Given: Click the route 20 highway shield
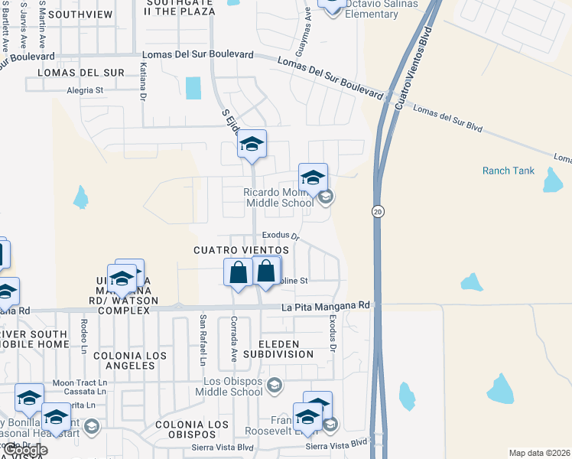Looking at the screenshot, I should [378, 211].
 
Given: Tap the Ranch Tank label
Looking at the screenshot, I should [509, 171].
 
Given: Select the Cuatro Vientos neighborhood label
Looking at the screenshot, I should [241, 250].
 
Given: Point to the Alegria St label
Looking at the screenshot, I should [84, 90].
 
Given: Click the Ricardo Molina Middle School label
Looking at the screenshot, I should [278, 197].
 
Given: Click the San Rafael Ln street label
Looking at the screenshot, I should [203, 340].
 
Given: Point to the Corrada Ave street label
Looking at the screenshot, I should [234, 340].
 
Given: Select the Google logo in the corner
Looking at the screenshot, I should [25, 450].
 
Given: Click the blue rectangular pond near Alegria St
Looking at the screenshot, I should [193, 88].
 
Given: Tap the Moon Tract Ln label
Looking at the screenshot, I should [80, 382].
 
